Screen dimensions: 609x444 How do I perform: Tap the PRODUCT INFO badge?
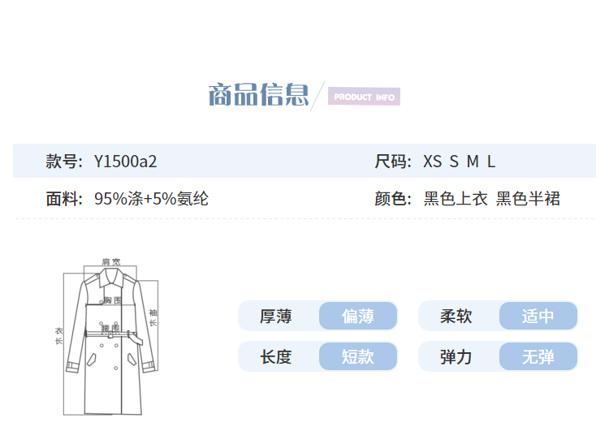[x=364, y=97]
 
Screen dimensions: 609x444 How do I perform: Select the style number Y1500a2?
[x=125, y=161]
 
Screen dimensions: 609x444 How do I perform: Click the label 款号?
[x=63, y=161]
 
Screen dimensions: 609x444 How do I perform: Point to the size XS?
[x=433, y=161]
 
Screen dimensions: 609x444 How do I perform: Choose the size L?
[x=491, y=161]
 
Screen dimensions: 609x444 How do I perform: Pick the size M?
[x=473, y=161]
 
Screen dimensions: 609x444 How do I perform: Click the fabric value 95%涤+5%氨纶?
[x=151, y=198]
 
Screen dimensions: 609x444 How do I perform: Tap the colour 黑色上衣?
[x=456, y=198]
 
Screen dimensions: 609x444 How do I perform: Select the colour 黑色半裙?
[x=528, y=198]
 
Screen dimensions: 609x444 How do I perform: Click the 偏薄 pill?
[x=358, y=316]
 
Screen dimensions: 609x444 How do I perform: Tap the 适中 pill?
[x=538, y=316]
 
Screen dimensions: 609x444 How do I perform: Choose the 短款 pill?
[x=358, y=356]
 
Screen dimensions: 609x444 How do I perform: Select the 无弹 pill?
[x=538, y=356]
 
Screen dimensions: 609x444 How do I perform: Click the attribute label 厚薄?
[x=275, y=316]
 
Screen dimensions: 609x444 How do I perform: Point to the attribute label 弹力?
[x=456, y=356]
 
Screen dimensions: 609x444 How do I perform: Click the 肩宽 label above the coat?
[x=110, y=262]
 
